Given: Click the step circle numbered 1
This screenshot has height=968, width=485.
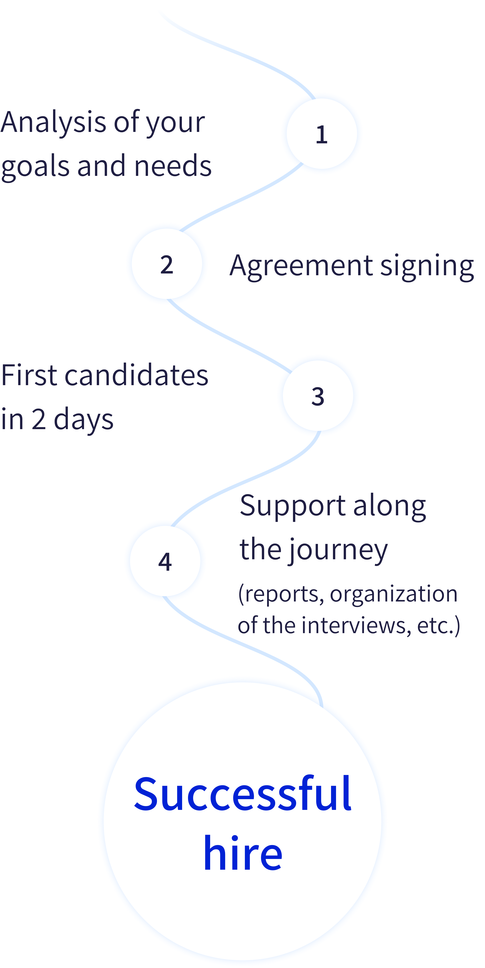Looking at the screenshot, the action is coord(322,133).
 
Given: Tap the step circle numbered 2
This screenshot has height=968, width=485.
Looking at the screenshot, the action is coord(167,264).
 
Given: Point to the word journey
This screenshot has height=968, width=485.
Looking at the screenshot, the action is coord(338,550).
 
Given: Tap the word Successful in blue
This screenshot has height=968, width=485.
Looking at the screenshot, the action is coord(242,794).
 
